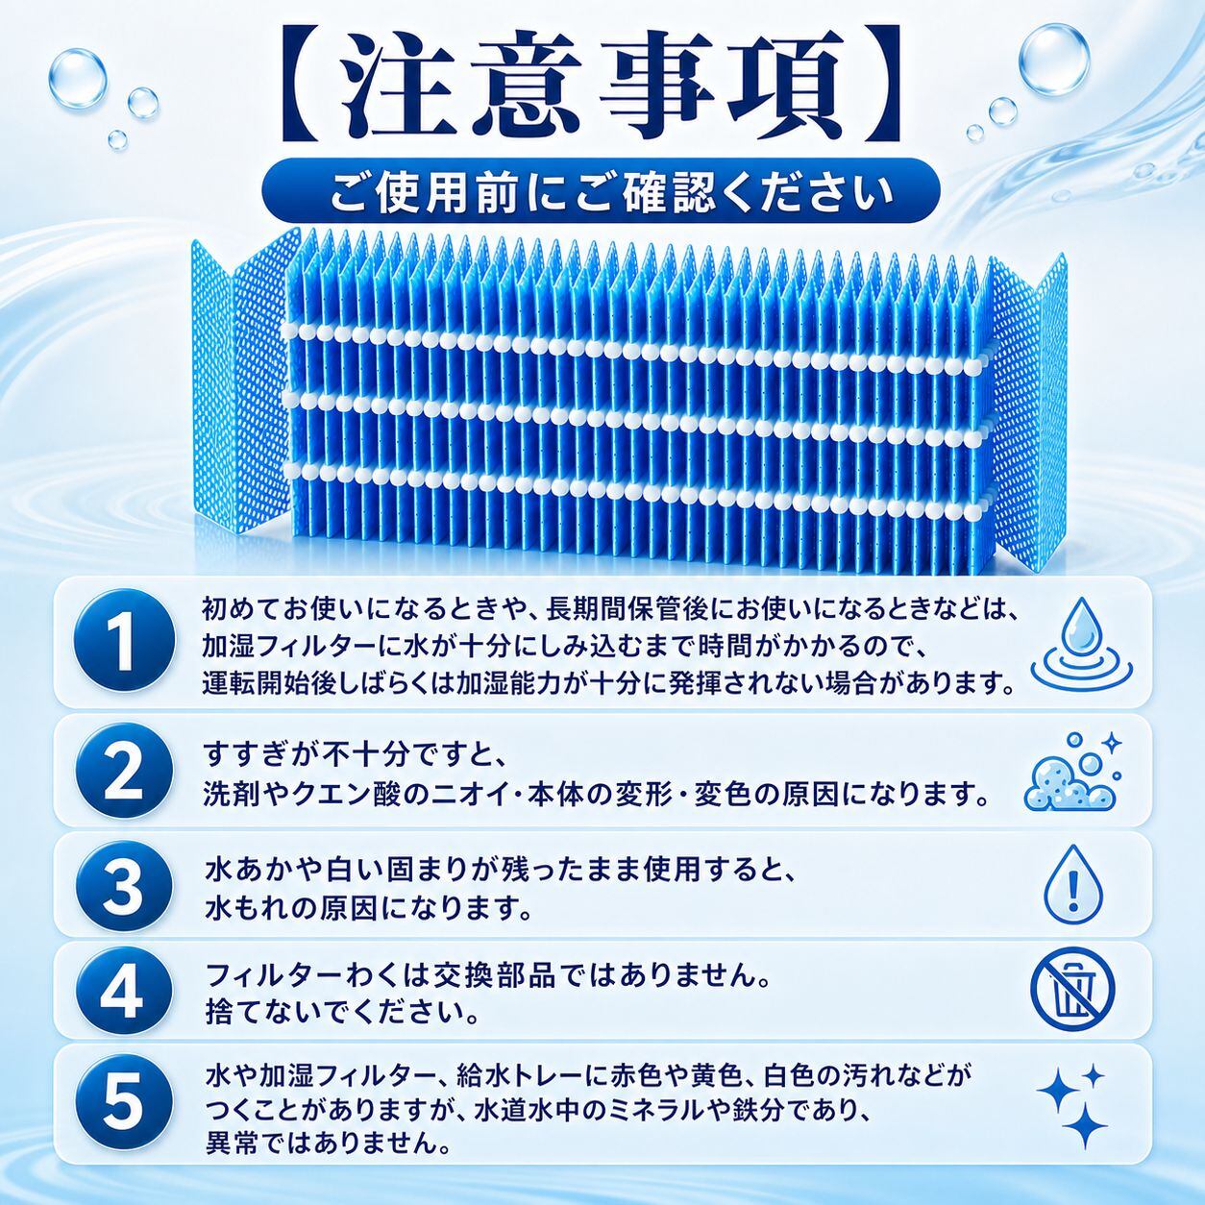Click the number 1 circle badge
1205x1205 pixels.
point(126,642)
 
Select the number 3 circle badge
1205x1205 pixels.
point(126,885)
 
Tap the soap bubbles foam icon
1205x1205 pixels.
point(1071,771)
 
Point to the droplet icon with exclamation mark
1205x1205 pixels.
point(1073,884)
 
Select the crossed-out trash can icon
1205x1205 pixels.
point(1072,993)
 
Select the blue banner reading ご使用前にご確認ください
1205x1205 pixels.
point(601,188)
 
